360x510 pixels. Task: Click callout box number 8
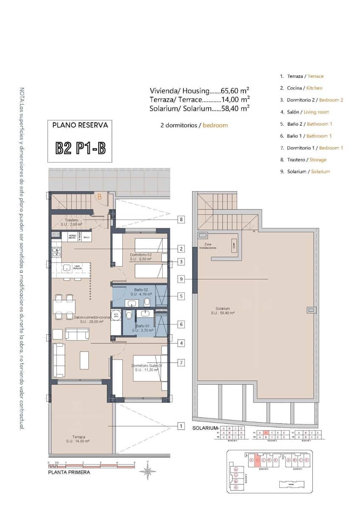click(x=181, y=219)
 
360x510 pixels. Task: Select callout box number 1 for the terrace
click(x=181, y=425)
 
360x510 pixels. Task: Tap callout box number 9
click(x=181, y=279)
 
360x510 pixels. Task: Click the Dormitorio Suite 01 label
click(x=146, y=368)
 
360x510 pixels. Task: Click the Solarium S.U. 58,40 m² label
click(x=223, y=311)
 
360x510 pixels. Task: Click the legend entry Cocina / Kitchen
click(x=301, y=88)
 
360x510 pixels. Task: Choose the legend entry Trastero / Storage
click(x=303, y=160)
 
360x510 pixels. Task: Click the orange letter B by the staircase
click(x=99, y=196)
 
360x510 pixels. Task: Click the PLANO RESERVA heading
click(x=80, y=125)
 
